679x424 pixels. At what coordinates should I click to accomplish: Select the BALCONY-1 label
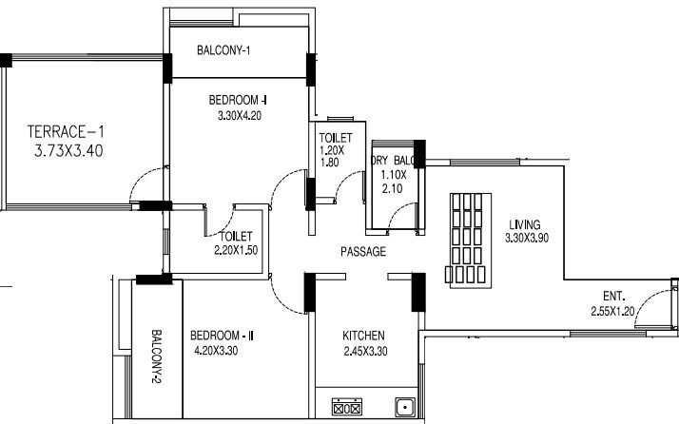click(x=223, y=49)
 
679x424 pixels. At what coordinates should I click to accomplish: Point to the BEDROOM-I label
click(x=238, y=100)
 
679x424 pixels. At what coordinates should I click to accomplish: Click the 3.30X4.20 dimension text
click(x=238, y=117)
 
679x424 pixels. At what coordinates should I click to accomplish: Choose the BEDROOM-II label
click(x=221, y=336)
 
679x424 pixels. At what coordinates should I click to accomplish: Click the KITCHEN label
click(x=363, y=336)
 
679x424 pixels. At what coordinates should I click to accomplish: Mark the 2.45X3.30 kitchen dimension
click(x=363, y=351)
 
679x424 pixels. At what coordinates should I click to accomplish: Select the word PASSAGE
click(x=363, y=252)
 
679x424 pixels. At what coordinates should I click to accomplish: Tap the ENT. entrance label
click(x=614, y=296)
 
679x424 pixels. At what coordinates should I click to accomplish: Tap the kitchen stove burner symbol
click(x=345, y=408)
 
